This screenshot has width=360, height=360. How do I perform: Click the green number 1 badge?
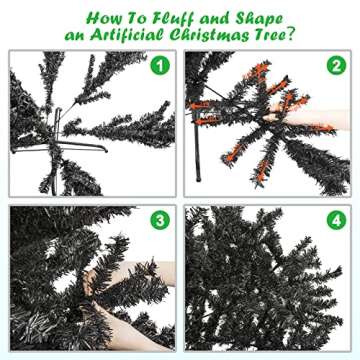156,67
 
